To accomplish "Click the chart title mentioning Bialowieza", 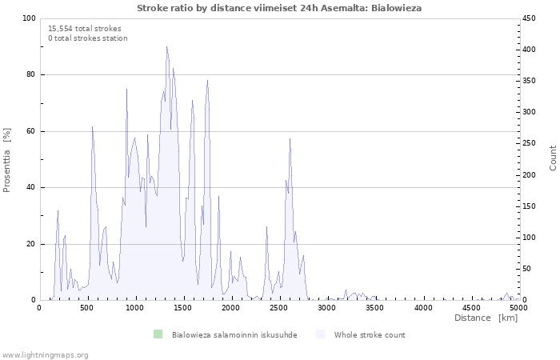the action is pos(279,8).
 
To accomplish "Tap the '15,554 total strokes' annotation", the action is pos(85,29).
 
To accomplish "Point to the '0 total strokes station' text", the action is pos(88,38).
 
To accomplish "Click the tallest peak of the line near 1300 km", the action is pos(166,46).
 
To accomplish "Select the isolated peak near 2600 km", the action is pos(290,138).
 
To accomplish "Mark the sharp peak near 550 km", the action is pos(92,126).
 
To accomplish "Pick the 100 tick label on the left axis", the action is pos(29,18).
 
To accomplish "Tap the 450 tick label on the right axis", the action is pos(529,18).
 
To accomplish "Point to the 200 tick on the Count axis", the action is pos(529,175).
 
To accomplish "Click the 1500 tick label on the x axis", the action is pos(183,308).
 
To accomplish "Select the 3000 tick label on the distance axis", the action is pos(326,308).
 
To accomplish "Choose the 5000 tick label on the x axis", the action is pos(519,308).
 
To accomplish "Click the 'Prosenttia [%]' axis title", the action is pos(6,160).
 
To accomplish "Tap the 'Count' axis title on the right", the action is pos(553,158).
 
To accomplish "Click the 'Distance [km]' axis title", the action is pos(486,318).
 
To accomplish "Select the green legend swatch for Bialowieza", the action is pos(158,334).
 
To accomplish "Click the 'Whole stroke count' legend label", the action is pos(370,335).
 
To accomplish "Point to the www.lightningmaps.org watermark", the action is pos(45,355).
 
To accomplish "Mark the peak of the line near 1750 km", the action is pos(207,80).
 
